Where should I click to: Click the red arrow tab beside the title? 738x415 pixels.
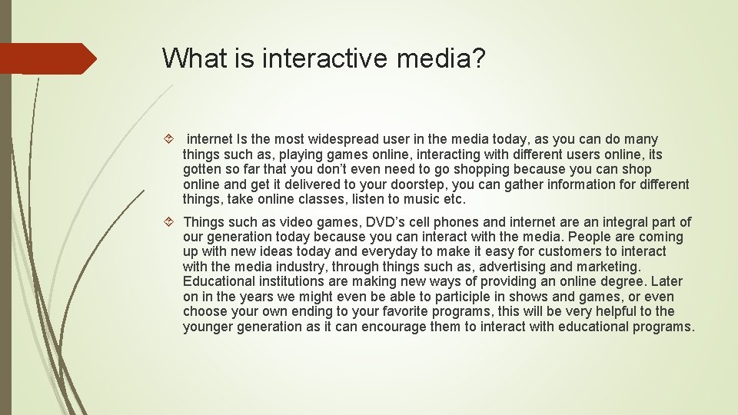48,58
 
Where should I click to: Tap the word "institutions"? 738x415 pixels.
285,282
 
